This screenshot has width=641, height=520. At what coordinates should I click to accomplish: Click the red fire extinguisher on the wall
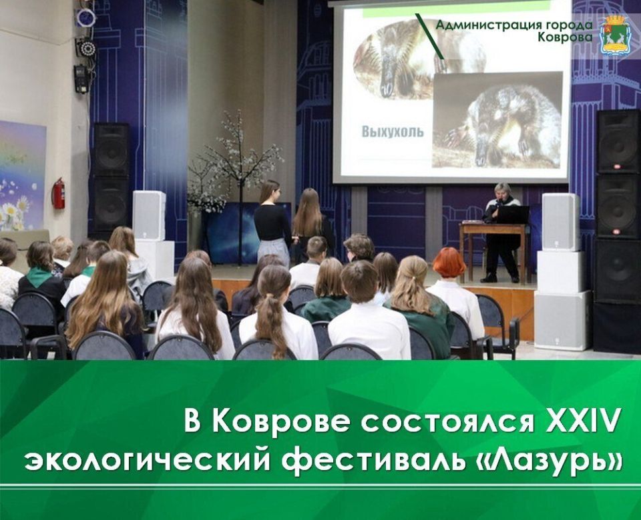coord(59,193)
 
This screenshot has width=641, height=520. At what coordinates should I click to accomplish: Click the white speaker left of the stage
coord(149,215)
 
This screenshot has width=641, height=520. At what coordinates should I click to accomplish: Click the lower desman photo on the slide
coord(497,120)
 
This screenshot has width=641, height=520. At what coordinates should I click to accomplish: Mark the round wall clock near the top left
coord(85,17)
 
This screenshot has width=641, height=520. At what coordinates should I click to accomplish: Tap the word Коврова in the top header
coord(564,37)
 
